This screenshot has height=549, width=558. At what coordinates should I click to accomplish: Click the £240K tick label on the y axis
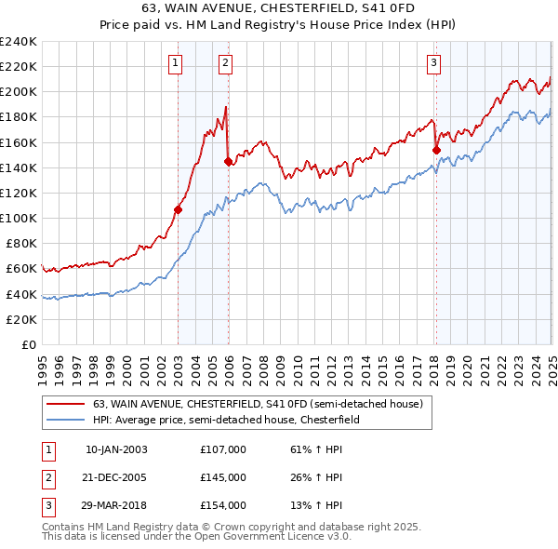coord(19,41)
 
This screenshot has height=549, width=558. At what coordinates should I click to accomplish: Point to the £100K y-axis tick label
coord(19,218)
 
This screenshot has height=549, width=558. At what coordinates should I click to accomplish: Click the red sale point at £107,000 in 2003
coord(178,209)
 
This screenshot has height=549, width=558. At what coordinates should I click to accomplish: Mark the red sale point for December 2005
coord(228,161)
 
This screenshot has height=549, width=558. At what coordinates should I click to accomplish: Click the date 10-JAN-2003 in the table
coord(116,449)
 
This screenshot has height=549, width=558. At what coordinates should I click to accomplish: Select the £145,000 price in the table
coord(223,477)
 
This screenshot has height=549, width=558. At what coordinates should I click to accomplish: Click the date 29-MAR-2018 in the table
coord(116,505)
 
